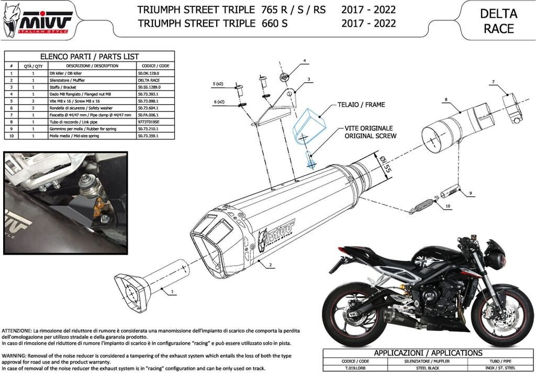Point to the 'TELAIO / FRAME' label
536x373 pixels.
[x=361, y=105]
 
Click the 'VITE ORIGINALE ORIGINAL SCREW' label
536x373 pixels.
[x=370, y=131]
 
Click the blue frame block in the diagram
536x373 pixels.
[x=309, y=126]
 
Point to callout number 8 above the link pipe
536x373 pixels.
[x=445, y=99]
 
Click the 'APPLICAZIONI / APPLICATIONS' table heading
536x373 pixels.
[x=428, y=353]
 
